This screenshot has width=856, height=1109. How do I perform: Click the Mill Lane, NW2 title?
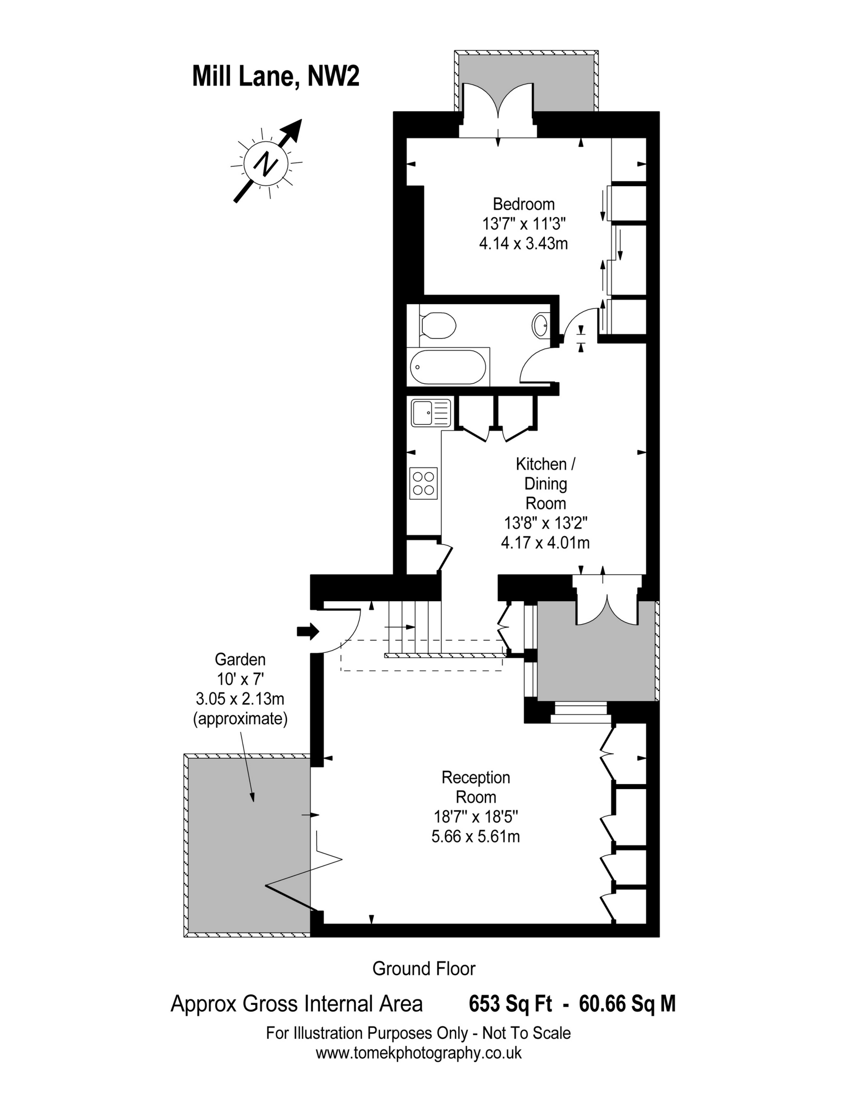pyautogui.click(x=276, y=77)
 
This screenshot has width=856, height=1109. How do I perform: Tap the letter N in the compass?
pyautogui.click(x=266, y=162)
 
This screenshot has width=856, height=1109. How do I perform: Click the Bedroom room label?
pyautogui.click(x=523, y=204)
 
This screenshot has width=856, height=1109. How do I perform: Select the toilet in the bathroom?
pyautogui.click(x=436, y=325)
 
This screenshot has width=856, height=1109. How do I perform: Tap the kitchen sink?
pyautogui.click(x=431, y=412)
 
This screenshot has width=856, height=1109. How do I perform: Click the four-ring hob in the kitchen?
pyautogui.click(x=423, y=483)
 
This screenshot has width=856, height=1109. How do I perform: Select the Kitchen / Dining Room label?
pyautogui.click(x=545, y=483)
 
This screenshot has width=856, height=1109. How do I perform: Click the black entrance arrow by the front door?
pyautogui.click(x=307, y=632)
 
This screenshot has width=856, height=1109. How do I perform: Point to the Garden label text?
pyautogui.click(x=240, y=659)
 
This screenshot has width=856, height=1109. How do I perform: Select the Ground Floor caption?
pyautogui.click(x=423, y=969)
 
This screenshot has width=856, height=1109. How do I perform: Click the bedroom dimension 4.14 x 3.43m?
pyautogui.click(x=523, y=244)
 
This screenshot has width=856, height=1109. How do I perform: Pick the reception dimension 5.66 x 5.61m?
pyautogui.click(x=476, y=837)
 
